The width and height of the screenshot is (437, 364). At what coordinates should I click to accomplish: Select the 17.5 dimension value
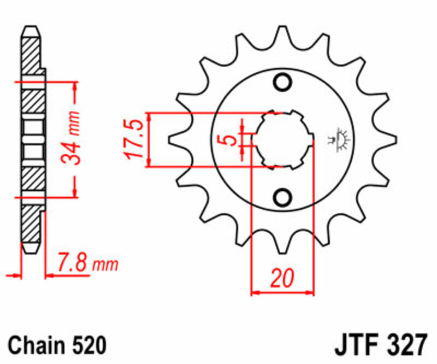coord(136,140)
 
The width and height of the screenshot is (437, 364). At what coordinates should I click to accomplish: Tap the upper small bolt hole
coord(283,82)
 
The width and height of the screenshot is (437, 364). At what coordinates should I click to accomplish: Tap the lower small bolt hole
coord(283,196)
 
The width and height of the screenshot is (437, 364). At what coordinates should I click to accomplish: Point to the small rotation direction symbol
coord(343,139)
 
